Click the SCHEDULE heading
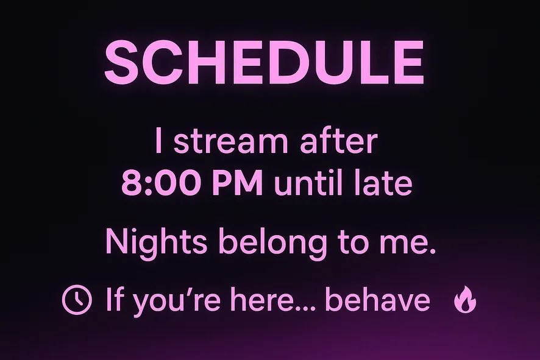point(264,63)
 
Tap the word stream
point(230,141)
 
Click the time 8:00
point(163,183)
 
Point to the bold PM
point(238,183)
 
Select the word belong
point(273,241)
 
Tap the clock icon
point(77,299)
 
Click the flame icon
point(465,299)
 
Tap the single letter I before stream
point(158,141)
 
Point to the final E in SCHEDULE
point(409,63)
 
